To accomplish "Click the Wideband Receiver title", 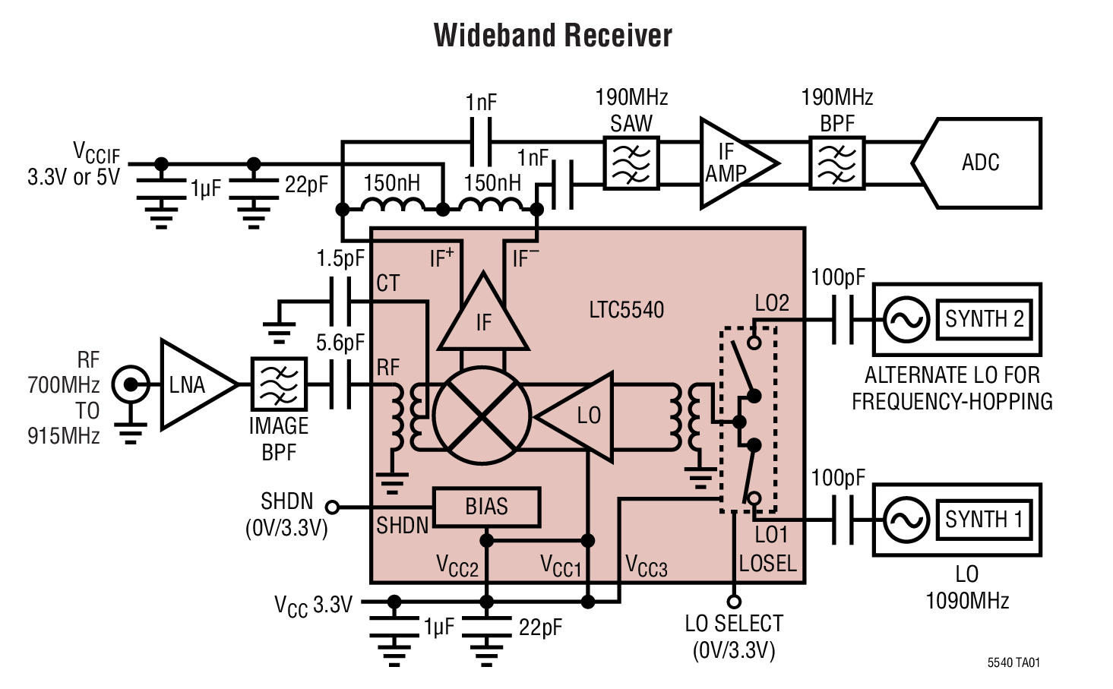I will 552,36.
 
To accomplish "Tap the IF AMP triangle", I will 732,163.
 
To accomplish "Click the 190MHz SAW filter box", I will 631,163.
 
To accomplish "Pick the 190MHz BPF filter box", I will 836,163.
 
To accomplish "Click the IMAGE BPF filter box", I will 279,385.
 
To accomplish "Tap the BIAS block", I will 486,507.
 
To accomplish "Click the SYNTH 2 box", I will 984,319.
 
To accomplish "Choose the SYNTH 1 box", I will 984,520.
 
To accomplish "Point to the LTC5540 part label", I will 626,310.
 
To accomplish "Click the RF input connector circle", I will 131,385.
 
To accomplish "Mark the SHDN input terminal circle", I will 332,507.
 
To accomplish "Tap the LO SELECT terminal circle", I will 734,602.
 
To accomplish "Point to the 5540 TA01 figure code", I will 1013,662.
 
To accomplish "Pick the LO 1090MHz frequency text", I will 966,587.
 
